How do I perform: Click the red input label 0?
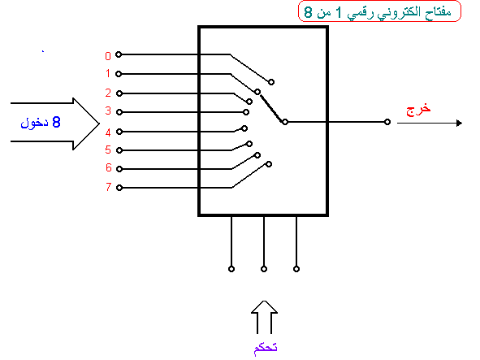[108, 56]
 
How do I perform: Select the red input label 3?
[108, 111]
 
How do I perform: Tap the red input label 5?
[108, 150]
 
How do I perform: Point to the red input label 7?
[108, 187]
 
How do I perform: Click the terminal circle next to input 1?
[119, 74]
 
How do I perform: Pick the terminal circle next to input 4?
[119, 132]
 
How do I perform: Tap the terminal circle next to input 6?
[119, 169]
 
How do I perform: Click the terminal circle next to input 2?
[119, 93]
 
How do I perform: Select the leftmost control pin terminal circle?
[231, 269]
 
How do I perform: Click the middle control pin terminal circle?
[264, 269]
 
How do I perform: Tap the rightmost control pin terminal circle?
[296, 269]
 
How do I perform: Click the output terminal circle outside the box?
[387, 122]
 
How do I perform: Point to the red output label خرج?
[418, 110]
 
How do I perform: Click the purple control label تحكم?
[266, 348]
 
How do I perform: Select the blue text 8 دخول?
[41, 123]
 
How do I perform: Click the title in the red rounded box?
[378, 12]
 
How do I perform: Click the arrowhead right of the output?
[459, 124]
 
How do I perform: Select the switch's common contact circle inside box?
[285, 122]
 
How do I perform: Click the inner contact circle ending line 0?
[271, 82]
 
